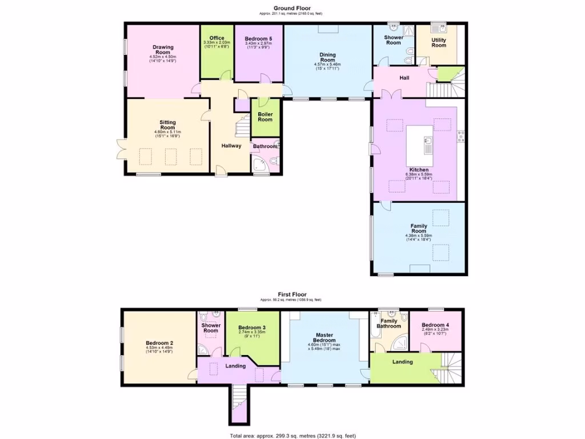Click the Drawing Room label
tap(163, 50)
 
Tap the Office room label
tap(217, 38)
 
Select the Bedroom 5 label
tap(258, 38)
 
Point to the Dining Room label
tap(327, 57)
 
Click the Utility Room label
tap(439, 43)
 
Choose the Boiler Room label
tap(265, 117)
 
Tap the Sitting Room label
tap(167, 125)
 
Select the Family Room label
tap(419, 229)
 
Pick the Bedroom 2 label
tap(159, 344)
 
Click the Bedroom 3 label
tap(252, 328)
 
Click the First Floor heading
tap(292, 295)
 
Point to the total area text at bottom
tap(292, 436)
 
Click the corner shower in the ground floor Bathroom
tap(260, 165)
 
